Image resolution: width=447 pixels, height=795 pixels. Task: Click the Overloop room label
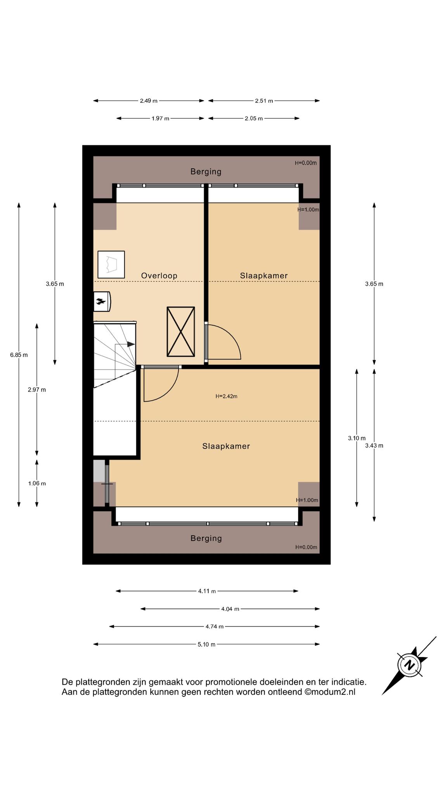(159, 276)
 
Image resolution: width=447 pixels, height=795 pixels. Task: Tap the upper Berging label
(206, 172)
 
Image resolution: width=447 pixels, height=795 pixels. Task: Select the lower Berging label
(206, 538)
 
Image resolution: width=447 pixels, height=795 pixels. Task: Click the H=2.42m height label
(226, 396)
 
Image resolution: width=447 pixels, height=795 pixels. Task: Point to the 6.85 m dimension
(19, 355)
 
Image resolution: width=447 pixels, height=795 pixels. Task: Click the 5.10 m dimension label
(206, 644)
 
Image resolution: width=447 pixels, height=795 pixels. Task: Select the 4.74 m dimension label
(215, 626)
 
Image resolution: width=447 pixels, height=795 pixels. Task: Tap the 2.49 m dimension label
(149, 101)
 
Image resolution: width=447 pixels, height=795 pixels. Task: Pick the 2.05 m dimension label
(254, 118)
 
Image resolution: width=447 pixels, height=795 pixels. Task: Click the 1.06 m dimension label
(37, 483)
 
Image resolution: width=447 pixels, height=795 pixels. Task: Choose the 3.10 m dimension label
(357, 438)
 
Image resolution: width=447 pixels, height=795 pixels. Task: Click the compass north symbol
(409, 665)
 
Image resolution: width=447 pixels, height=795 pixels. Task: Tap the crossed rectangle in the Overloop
(181, 332)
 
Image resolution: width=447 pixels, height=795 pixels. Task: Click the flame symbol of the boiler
(101, 301)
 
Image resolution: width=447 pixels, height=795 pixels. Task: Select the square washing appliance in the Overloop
(111, 264)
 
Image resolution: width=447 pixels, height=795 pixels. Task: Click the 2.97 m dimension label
(37, 390)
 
